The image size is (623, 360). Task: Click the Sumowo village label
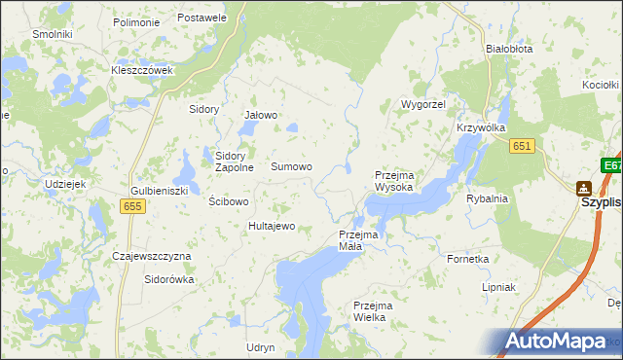point(291,167)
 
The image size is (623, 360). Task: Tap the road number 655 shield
point(134,206)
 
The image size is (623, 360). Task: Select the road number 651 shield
point(522,145)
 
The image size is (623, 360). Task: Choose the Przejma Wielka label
point(376,311)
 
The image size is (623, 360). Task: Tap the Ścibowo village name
point(230,201)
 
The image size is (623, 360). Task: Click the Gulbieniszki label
point(159,191)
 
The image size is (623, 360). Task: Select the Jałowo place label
point(261,115)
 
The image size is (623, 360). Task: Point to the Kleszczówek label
point(142,71)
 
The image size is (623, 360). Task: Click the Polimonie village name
point(136,21)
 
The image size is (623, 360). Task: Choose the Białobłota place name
point(509,48)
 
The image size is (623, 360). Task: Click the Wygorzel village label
point(423,103)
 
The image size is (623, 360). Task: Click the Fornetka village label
point(467,259)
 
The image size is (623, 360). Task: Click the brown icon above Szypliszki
point(583,188)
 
